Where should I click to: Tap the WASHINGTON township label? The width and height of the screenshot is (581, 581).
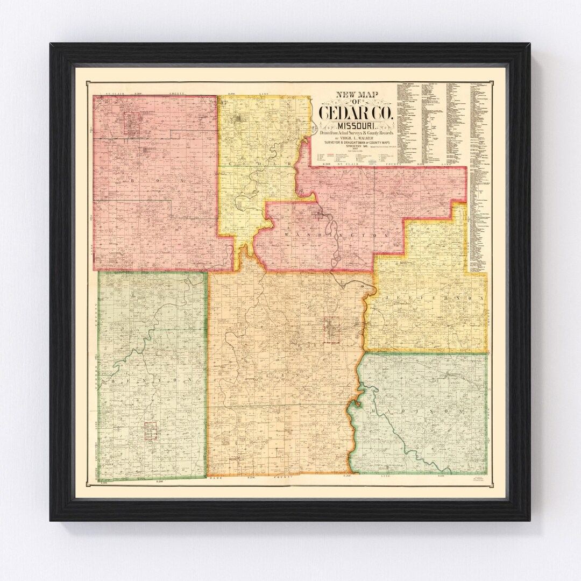[x=336, y=236]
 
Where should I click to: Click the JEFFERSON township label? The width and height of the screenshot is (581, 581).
[x=428, y=297]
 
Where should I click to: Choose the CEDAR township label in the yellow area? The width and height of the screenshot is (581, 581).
[x=259, y=162]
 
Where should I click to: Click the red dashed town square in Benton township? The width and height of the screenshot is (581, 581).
[x=151, y=430]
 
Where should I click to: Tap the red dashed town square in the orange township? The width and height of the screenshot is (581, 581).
[x=332, y=330]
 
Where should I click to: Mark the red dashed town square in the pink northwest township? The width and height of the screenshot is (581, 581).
[x=132, y=123]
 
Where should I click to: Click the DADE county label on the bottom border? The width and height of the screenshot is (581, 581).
[x=216, y=478]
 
